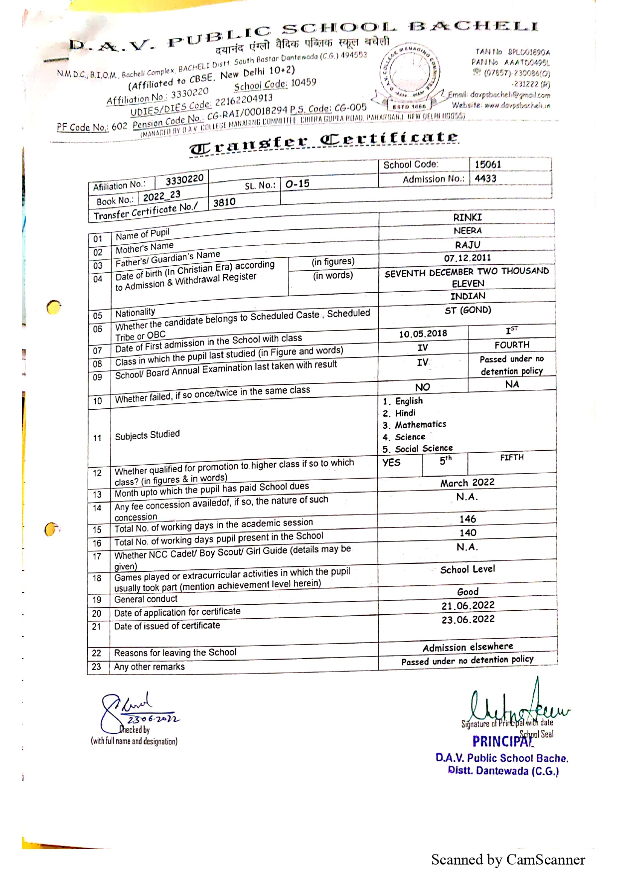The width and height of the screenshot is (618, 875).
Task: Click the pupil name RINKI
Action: [x=467, y=217]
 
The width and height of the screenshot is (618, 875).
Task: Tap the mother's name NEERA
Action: [x=467, y=231]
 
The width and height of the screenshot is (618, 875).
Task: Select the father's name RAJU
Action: [x=467, y=245]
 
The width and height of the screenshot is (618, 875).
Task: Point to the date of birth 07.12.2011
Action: [x=467, y=258]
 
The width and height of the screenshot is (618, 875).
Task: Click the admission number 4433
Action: [x=485, y=178]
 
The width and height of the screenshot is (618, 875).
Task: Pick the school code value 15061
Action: [x=487, y=165]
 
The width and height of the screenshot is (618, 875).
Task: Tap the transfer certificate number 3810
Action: [x=224, y=202]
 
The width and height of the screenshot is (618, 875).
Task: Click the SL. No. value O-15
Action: [x=297, y=184]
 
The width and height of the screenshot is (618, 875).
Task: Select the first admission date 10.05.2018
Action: [x=423, y=334]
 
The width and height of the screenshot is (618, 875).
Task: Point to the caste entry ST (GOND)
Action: [x=467, y=310]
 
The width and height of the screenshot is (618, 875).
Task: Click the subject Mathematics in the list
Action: [x=420, y=425]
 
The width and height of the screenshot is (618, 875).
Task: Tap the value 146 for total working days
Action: [x=467, y=519]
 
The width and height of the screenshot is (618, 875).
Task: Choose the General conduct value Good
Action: [x=467, y=592]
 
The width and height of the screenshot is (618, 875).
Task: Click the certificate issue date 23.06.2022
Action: [x=467, y=619]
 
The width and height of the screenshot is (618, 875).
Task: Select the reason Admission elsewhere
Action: [x=467, y=647]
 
